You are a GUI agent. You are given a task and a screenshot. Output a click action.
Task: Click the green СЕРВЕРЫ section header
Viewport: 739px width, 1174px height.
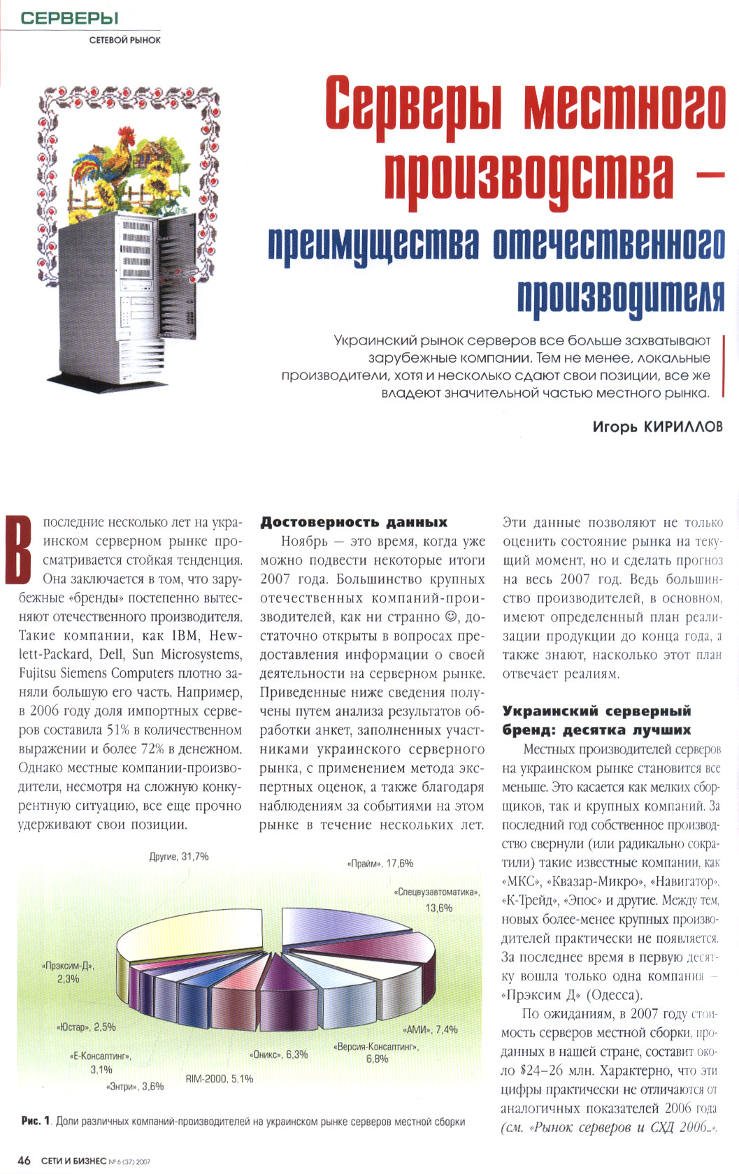coord(69,18)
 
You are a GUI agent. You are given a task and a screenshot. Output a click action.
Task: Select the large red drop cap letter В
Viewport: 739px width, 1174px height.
coord(19,549)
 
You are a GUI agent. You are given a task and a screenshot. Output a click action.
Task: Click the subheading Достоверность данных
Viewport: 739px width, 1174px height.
coord(354,522)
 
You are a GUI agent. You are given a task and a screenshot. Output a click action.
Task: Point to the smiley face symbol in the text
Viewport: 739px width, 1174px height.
coord(451,617)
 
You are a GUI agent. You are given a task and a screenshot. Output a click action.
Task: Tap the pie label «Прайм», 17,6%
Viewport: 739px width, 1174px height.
coord(380,863)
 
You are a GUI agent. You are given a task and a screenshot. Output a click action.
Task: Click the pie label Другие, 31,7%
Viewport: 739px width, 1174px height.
coord(179,856)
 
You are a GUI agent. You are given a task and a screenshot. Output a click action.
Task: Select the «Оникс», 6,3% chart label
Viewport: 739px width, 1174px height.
coord(278,1055)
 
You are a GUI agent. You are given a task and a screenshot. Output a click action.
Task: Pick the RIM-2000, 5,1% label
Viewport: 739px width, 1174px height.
coord(220,1079)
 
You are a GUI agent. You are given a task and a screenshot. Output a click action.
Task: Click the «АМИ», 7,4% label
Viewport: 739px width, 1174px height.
coord(430,1029)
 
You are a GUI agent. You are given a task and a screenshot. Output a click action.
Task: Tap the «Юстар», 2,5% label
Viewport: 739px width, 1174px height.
coord(86,1027)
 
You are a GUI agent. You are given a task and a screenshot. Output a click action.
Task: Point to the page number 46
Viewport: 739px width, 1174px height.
coord(24,1160)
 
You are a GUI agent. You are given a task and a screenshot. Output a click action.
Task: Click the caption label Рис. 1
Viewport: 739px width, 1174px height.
coord(36,1122)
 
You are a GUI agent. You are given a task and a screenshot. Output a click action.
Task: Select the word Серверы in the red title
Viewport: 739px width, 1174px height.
coord(413,105)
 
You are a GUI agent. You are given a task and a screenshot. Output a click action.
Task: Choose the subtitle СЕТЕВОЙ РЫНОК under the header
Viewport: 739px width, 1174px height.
coord(125,41)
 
